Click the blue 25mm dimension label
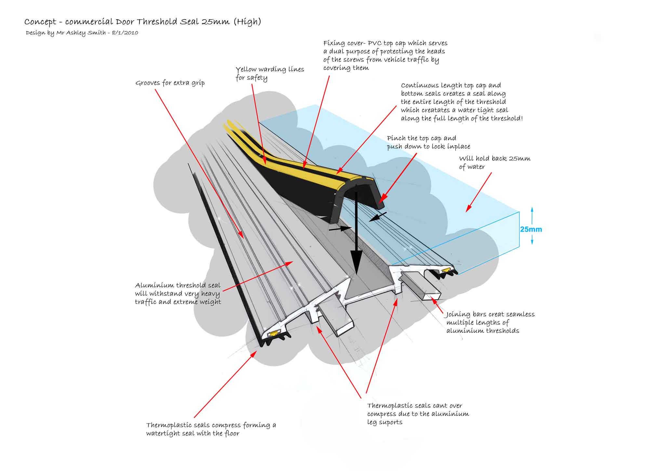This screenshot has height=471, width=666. (x=531, y=229)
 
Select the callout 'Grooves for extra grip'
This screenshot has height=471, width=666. (x=170, y=83)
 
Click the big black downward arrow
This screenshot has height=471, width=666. (x=356, y=234)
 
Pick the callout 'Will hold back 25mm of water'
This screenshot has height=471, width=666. (x=494, y=162)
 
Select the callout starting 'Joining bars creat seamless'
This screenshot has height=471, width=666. (x=490, y=322)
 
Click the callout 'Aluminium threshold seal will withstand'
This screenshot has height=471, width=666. (x=178, y=293)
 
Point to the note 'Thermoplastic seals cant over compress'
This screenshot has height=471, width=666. (x=418, y=414)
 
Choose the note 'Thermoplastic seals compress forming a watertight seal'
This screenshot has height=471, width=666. (x=211, y=429)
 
